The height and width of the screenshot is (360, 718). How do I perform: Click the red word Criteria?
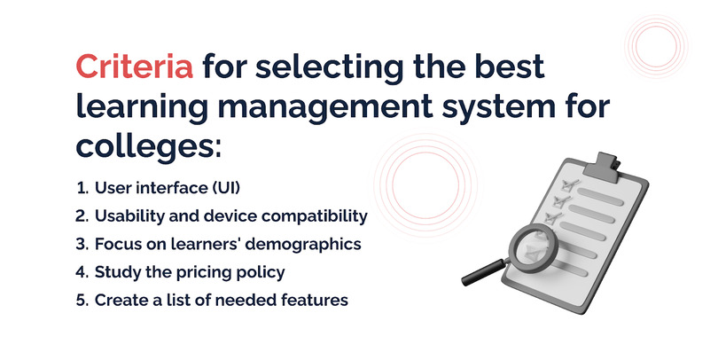(x=134, y=67)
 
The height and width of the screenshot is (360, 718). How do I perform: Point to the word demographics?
(x=303, y=244)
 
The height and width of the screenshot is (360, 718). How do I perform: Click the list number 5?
(x=82, y=301)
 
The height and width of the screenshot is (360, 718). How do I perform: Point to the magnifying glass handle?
(x=485, y=272)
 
